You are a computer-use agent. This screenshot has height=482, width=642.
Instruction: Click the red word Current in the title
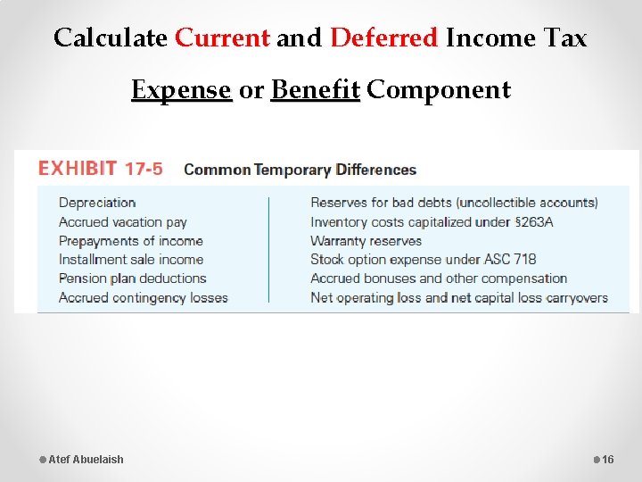pyautogui.click(x=222, y=37)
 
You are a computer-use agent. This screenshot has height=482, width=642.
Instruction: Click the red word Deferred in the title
pyautogui.click(x=384, y=37)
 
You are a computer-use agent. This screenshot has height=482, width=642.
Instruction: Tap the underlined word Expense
pyautogui.click(x=181, y=90)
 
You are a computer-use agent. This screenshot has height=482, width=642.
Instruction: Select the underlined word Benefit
pyautogui.click(x=315, y=90)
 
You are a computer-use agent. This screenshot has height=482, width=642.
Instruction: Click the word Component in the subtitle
pyautogui.click(x=439, y=90)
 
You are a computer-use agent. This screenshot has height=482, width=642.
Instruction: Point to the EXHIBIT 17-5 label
pyautogui.click(x=100, y=169)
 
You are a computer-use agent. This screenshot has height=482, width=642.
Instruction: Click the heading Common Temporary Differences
pyautogui.click(x=300, y=170)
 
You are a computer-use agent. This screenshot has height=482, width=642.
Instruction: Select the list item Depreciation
pyautogui.click(x=97, y=203)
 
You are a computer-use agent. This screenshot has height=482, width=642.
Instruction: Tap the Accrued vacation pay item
pyautogui.click(x=122, y=222)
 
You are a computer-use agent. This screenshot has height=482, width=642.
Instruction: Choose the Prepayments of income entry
pyautogui.click(x=130, y=241)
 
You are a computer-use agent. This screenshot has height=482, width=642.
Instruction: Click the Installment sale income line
pyautogui.click(x=131, y=260)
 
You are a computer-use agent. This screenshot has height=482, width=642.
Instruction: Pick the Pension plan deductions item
pyautogui.click(x=132, y=278)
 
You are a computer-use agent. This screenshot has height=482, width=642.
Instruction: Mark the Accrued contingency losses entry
pyautogui.click(x=143, y=297)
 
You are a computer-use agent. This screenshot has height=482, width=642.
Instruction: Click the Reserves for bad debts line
pyautogui.click(x=454, y=203)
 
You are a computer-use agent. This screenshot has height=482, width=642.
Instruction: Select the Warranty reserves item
pyautogui.click(x=366, y=241)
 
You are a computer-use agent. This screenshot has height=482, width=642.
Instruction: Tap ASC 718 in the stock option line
pyautogui.click(x=511, y=260)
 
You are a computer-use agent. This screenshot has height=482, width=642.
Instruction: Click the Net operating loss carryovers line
pyautogui.click(x=458, y=297)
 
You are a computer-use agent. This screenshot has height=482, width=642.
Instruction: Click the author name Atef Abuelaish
pyautogui.click(x=86, y=460)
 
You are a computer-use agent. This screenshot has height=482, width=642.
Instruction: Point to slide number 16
pyautogui.click(x=608, y=460)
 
